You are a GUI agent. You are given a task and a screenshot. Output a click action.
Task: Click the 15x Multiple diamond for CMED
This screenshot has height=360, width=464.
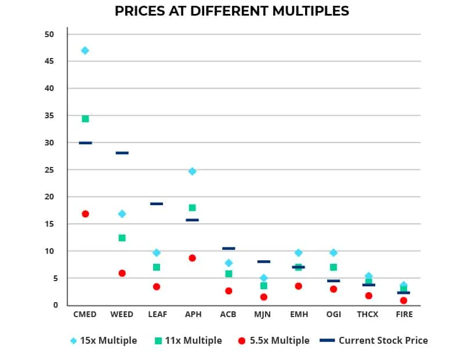85,50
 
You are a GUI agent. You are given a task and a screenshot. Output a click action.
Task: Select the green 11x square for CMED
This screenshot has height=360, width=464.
85,119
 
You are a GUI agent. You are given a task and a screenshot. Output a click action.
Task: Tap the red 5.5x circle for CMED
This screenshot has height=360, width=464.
85,214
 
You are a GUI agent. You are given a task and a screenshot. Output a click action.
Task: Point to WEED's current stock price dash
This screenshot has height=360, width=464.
122,153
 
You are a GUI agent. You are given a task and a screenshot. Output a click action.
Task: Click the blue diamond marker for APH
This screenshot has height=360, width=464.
192,172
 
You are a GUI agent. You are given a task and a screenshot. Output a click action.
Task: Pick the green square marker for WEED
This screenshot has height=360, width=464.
122,238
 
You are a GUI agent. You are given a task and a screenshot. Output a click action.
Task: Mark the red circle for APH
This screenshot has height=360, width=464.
192,258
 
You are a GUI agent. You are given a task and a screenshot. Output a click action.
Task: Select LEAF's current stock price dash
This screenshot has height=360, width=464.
157,204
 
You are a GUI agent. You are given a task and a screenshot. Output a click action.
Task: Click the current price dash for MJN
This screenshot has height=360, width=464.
263,262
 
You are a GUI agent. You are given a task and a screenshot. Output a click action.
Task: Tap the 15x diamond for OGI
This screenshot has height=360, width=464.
333,253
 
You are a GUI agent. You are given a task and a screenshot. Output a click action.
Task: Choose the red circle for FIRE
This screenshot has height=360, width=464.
404,300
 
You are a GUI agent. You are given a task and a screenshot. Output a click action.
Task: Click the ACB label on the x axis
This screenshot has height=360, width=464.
228,315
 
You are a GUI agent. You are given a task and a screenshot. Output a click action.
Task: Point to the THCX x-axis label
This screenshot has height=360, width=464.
368,315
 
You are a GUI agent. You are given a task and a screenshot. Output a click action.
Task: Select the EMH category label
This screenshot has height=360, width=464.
298,315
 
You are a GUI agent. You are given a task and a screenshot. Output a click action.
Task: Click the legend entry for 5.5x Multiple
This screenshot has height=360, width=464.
273,341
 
